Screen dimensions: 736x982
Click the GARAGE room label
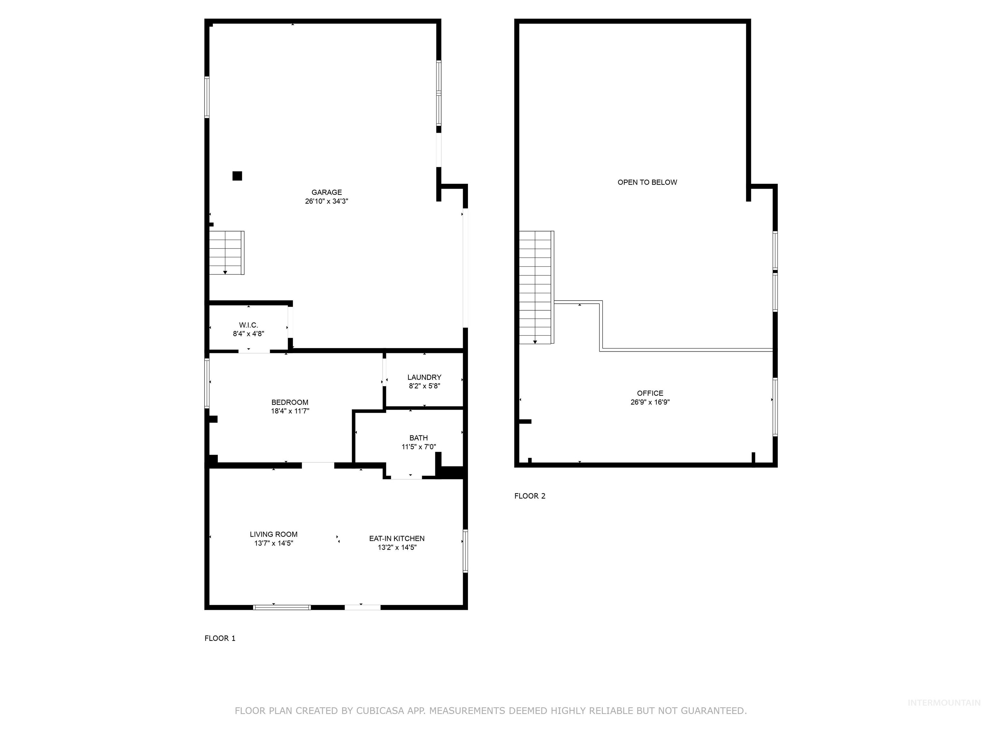point(326,192)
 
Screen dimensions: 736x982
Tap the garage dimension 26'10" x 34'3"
point(326,201)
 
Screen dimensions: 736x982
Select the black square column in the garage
point(237,176)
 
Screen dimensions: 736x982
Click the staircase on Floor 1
point(226,252)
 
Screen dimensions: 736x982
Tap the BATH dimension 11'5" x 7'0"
point(419,447)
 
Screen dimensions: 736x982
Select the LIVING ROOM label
point(273,534)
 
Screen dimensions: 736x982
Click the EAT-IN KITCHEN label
point(396,538)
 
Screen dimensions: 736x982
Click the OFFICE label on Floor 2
point(650,393)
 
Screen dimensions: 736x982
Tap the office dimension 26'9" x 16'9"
point(650,402)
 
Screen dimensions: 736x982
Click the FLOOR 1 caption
point(220,638)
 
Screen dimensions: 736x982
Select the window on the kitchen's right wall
point(465,550)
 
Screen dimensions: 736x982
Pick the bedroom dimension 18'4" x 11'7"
point(290,411)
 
